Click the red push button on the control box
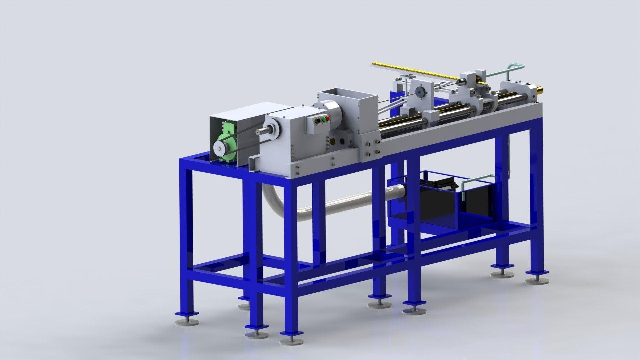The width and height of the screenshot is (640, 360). [328, 118]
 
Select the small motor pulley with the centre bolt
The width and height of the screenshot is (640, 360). [219, 147]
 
